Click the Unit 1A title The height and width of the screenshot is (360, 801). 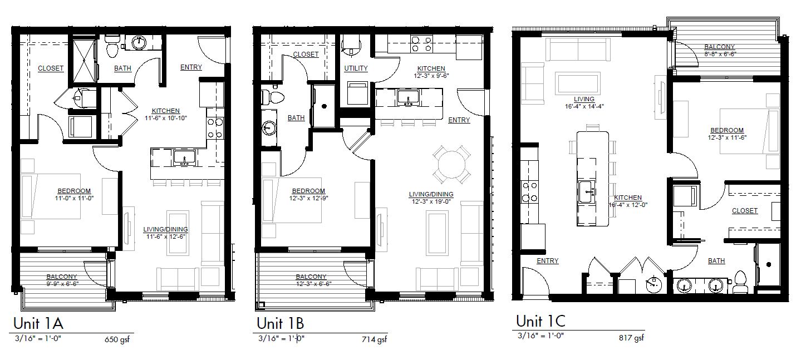[38, 323]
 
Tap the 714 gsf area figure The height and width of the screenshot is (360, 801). [375, 339]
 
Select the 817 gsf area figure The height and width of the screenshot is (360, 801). [631, 338]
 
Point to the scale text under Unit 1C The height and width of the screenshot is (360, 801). [540, 336]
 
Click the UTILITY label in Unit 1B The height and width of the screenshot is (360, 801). [356, 68]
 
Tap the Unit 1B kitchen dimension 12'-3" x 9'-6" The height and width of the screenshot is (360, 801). [431, 76]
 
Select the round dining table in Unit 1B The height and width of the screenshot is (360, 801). [451, 165]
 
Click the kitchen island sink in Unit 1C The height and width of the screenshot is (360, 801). [587, 192]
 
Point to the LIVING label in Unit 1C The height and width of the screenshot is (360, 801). [584, 99]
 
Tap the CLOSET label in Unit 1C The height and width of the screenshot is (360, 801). [745, 210]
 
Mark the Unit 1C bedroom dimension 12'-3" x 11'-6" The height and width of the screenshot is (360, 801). [728, 137]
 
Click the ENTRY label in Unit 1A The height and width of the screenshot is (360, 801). [191, 67]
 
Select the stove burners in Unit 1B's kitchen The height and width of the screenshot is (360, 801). [421, 43]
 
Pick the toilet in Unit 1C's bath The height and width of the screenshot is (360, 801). [740, 283]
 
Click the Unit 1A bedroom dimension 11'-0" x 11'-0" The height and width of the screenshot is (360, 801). [75, 198]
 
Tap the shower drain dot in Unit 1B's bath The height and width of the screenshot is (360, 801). [325, 106]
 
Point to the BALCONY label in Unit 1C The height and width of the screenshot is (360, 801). [720, 47]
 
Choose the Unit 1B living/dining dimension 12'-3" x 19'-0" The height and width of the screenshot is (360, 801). [431, 201]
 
